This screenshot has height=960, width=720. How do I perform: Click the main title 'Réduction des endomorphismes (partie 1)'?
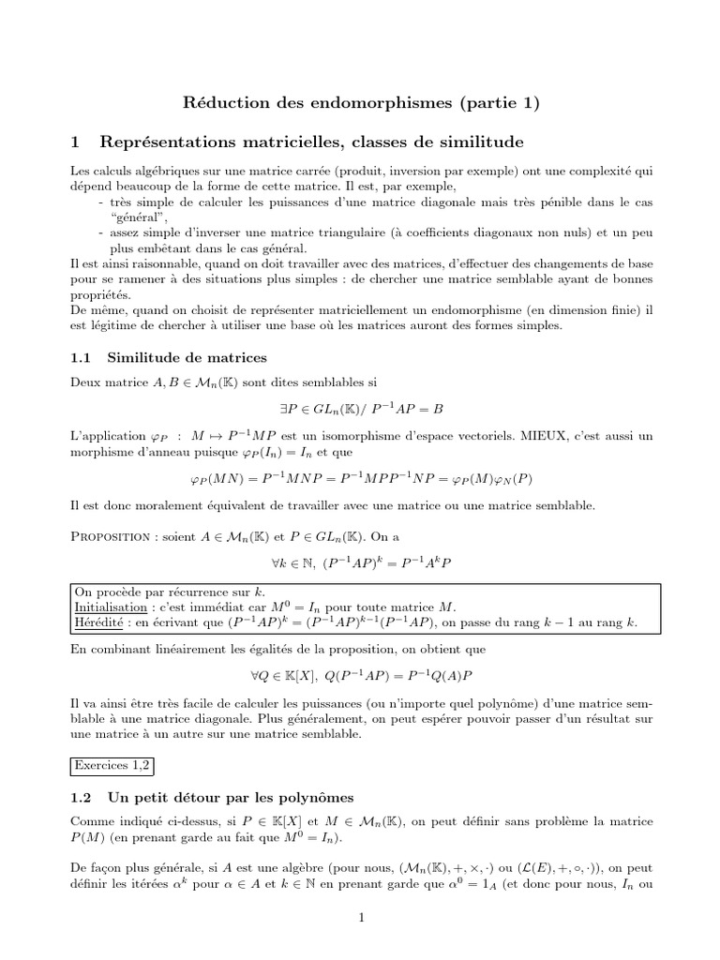[x=360, y=103]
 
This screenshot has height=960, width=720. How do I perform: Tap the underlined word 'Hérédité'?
[x=97, y=625]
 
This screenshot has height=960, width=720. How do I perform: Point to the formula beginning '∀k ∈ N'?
[x=360, y=565]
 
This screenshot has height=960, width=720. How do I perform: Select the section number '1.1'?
[x=82, y=357]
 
